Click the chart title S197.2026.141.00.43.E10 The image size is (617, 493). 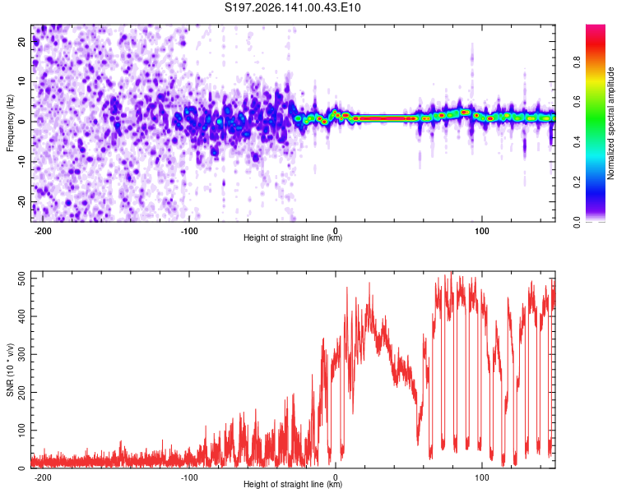pyautogui.click(x=292, y=7)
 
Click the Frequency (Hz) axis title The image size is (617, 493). pyautogui.click(x=10, y=123)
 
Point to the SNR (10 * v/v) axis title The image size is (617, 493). pyautogui.click(x=10, y=370)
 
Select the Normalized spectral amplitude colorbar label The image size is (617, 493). pyautogui.click(x=610, y=123)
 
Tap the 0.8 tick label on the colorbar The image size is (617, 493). pyautogui.click(x=577, y=62)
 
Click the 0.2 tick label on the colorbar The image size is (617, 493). pyautogui.click(x=577, y=182)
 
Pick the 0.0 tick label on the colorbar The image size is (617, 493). pyautogui.click(x=577, y=223)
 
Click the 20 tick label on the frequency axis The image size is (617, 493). pyautogui.click(x=21, y=42)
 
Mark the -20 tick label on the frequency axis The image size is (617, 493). pyautogui.click(x=21, y=201)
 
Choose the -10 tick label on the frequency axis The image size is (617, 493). pyautogui.click(x=21, y=162)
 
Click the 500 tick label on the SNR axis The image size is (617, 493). pyautogui.click(x=21, y=279)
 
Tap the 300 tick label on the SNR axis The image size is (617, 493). pyautogui.click(x=21, y=354)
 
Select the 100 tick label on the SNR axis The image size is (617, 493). pyautogui.click(x=21, y=430)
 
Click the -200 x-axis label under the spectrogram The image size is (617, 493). pyautogui.click(x=43, y=231)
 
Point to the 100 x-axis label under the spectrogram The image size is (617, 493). pyautogui.click(x=481, y=231)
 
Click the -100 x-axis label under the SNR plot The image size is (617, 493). pyautogui.click(x=189, y=477)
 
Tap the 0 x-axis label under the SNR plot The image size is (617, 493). pyautogui.click(x=336, y=477)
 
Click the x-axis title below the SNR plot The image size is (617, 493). pyautogui.click(x=293, y=484)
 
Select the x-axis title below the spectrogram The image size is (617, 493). pyautogui.click(x=293, y=237)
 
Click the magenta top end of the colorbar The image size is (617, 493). pyautogui.click(x=596, y=26)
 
